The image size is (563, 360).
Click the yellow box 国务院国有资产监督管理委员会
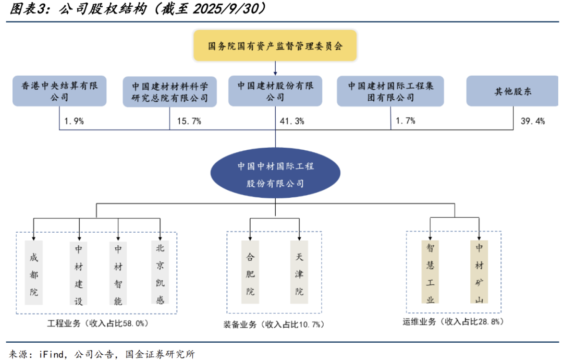pyautogui.click(x=275, y=45)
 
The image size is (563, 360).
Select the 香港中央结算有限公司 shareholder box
pyautogui.click(x=59, y=91)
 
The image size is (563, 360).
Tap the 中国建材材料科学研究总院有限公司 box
pyautogui.click(x=170, y=91)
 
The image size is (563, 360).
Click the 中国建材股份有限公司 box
pyautogui.click(x=275, y=91)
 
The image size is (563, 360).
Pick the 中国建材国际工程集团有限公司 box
pyautogui.click(x=391, y=91)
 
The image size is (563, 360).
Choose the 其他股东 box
pyautogui.click(x=513, y=91)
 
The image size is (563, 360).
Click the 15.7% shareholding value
pyautogui.click(x=189, y=121)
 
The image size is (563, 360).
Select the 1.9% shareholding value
pyautogui.click(x=74, y=121)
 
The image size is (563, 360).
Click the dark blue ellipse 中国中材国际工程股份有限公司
pyautogui.click(x=275, y=175)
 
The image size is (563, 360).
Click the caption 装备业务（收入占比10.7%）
pyautogui.click(x=274, y=325)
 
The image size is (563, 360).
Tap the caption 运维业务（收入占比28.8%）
pyautogui.click(x=453, y=322)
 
